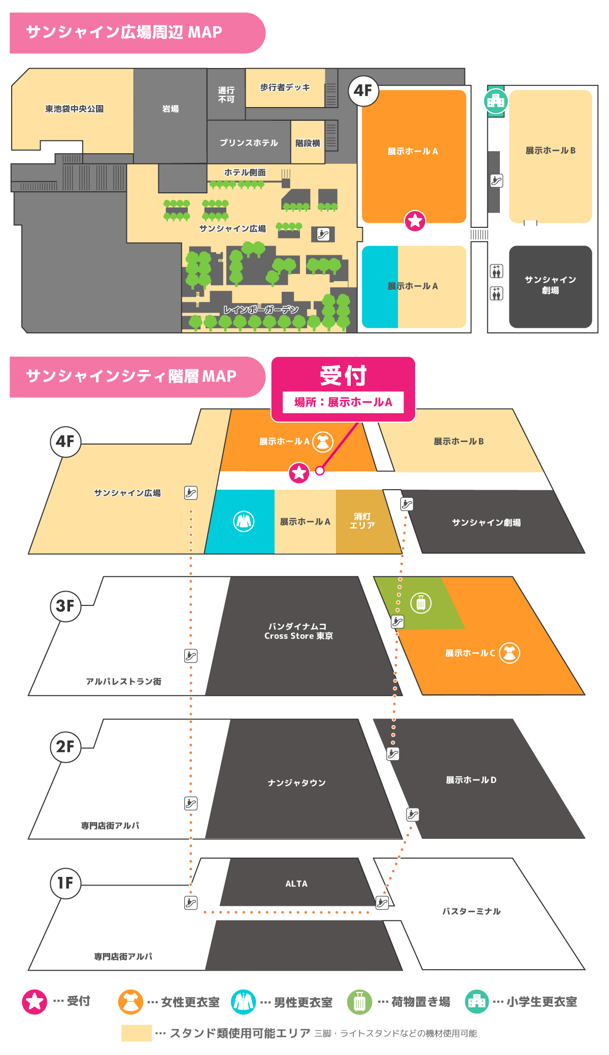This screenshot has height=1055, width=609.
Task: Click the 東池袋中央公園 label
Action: pos(74,109)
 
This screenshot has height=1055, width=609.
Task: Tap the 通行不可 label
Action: pos(226,94)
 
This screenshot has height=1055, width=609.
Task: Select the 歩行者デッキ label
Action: pos(285,87)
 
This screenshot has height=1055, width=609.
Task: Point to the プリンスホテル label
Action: pos(249,143)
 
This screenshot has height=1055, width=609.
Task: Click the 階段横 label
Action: pos(308,143)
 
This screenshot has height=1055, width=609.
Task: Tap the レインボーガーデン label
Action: pos(261,310)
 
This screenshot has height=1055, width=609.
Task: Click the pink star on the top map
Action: pos(415,221)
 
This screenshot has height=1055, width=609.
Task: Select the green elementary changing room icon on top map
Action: pos(496,101)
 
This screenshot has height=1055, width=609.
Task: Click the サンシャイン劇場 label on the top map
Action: pos(550,285)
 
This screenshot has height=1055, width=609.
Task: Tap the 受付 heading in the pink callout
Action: pos(343,376)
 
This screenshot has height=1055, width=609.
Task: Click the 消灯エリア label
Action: pos(362,521)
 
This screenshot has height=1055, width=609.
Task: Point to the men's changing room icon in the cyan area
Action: pos(244,521)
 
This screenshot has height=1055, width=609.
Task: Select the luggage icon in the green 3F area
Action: pos(421,603)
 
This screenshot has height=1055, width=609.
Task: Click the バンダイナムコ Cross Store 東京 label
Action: pos(298,631)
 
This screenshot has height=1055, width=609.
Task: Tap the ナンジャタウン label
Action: pos(297,782)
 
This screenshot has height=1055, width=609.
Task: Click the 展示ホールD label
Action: pos(471,779)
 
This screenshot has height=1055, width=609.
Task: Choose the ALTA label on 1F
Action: pos(296,883)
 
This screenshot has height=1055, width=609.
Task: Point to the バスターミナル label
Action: pos(471,911)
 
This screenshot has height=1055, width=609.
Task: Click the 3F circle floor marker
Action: pos(65,605)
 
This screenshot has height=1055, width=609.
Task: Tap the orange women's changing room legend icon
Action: pos(130,1002)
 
